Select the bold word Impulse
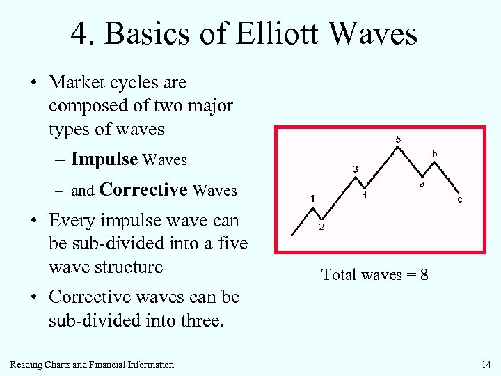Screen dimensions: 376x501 coord(104,159)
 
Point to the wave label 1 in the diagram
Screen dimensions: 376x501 coord(313,198)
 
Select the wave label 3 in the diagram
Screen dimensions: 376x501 coord(356,169)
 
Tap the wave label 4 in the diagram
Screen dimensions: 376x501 coord(365,196)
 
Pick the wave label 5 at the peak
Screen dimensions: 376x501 coord(398,139)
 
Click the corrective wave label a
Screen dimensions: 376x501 coord(422,185)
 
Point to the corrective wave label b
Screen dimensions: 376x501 coord(435,153)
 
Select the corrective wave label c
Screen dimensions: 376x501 coord(459,200)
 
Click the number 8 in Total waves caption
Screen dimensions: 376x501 coord(424,275)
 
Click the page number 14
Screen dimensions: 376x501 coord(486,365)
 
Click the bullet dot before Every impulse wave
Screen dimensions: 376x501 coord(33,221)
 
